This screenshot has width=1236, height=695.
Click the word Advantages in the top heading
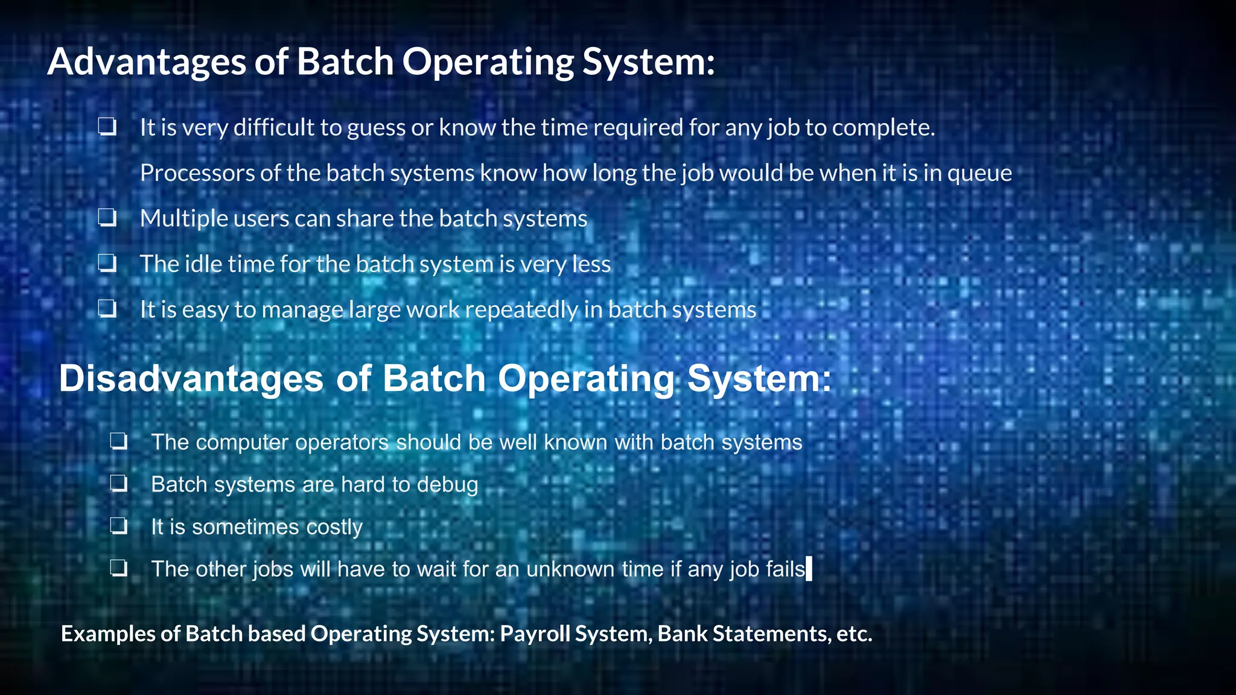tap(147, 62)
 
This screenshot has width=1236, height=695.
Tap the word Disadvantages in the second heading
tap(191, 379)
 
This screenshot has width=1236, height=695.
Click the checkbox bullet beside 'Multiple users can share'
tap(107, 218)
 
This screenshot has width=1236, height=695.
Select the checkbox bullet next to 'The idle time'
tap(107, 264)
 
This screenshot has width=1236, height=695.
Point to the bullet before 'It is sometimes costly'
tap(119, 526)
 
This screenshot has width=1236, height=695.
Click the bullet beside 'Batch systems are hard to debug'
tap(119, 484)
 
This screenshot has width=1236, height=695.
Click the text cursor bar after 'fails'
tap(809, 568)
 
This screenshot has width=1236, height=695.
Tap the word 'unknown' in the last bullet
tap(570, 569)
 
